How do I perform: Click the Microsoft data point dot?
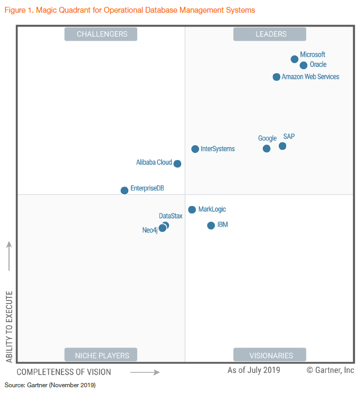click(x=295, y=59)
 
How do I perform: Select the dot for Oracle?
click(x=304, y=66)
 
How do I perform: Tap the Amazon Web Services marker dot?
click(x=277, y=77)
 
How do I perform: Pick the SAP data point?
click(x=282, y=146)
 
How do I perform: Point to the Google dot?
click(x=267, y=149)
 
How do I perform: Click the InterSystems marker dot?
click(x=195, y=149)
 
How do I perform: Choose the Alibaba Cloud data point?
click(x=178, y=164)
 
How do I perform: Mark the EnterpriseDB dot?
click(x=125, y=190)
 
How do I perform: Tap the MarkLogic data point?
click(x=192, y=210)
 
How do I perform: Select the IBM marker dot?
click(x=211, y=226)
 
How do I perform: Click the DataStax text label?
click(x=171, y=216)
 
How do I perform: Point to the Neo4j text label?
click(x=150, y=230)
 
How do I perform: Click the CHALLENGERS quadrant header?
click(x=101, y=34)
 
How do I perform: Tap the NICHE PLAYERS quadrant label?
click(x=101, y=355)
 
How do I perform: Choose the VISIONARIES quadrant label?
click(x=270, y=355)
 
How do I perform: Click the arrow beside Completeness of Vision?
click(x=145, y=372)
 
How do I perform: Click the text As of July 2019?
click(x=254, y=370)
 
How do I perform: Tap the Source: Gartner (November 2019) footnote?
click(x=50, y=385)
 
